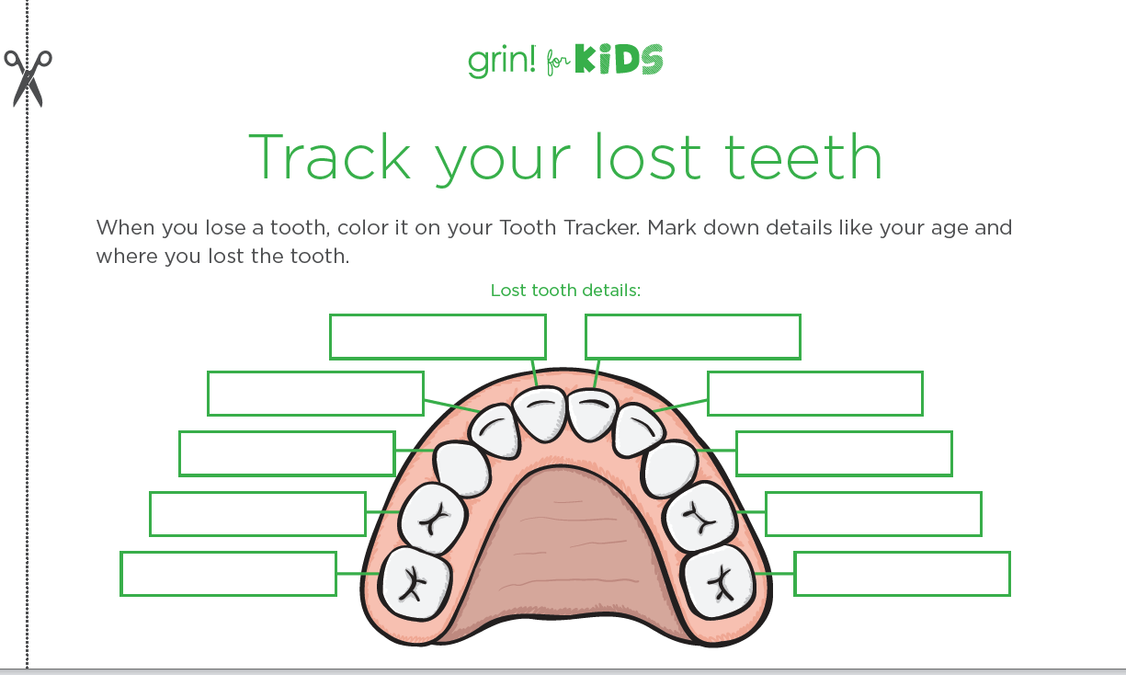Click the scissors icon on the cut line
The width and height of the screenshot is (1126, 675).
[x=28, y=77]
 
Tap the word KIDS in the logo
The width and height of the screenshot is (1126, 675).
[x=619, y=62]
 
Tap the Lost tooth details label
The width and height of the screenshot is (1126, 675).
[x=565, y=291]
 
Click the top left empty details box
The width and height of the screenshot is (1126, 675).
[x=438, y=337]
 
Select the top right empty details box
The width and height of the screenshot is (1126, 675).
[x=692, y=337]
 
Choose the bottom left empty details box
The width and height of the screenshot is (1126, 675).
[x=228, y=574]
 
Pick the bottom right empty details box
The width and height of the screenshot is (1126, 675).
[x=902, y=574]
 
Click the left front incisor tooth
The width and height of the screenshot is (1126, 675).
[x=539, y=413]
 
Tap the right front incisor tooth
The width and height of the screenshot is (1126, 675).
[x=590, y=415]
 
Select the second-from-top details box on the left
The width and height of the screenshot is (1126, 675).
[x=315, y=394]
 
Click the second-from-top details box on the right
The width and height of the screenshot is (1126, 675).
[x=814, y=394]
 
